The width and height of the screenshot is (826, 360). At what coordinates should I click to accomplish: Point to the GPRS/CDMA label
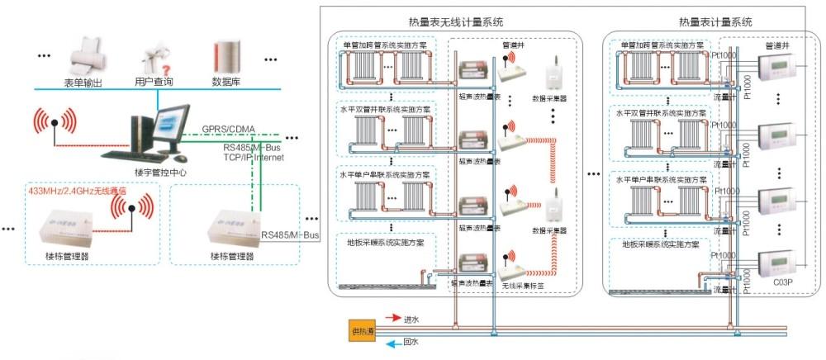pos(229,129)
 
